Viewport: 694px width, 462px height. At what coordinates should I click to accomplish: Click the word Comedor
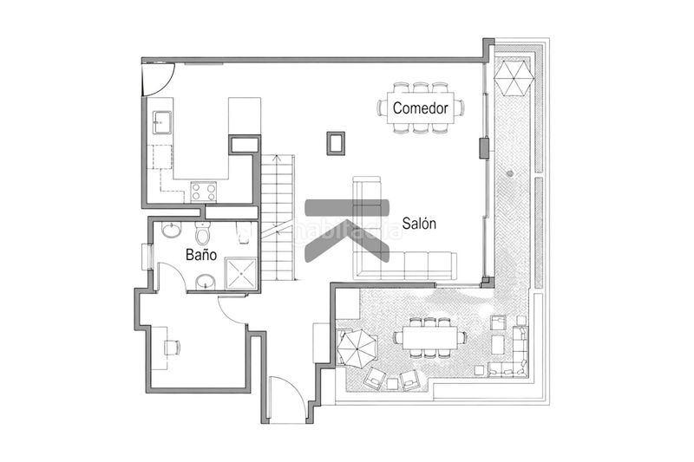coord(420,108)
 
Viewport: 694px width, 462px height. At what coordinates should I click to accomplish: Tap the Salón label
coord(419,224)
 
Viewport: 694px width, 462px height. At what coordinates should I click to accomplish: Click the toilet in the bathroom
coord(203,233)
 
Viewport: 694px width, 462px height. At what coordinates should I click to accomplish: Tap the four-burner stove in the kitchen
coord(204,190)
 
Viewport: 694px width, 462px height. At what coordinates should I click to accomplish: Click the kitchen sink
coord(162,122)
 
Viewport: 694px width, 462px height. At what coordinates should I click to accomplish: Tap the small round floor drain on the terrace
coord(511,173)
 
